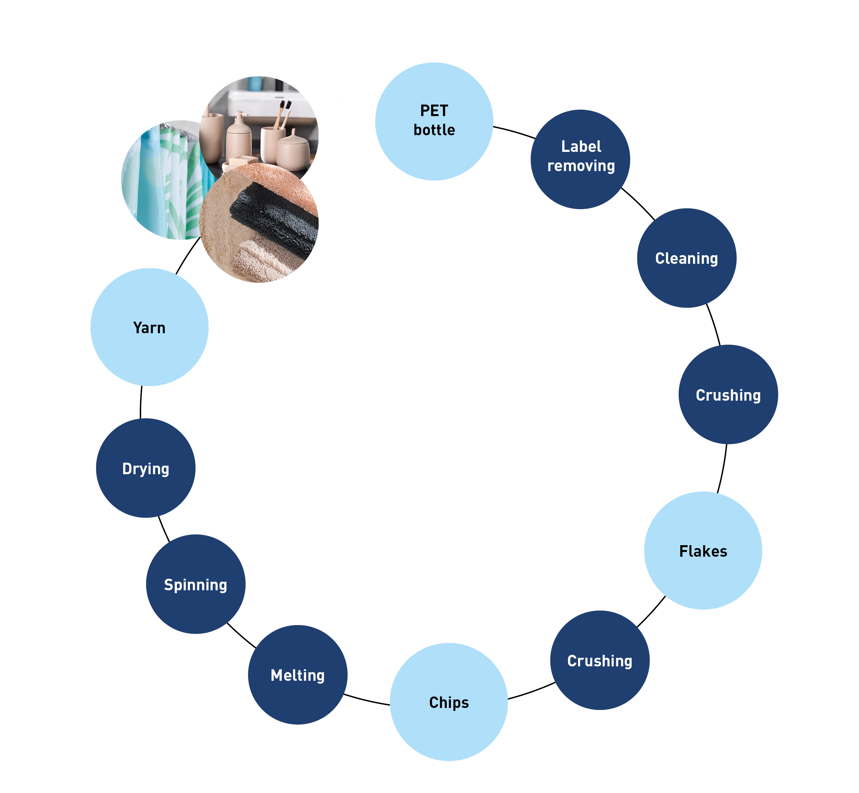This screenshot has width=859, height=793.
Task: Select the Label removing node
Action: point(580,159)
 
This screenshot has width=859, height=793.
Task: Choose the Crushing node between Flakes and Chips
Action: point(599,660)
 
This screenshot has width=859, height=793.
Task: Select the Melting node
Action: point(297,675)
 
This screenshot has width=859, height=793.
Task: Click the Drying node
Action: point(146,468)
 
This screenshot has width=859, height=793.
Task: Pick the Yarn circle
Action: point(149,327)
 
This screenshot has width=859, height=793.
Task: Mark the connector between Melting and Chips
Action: point(367,700)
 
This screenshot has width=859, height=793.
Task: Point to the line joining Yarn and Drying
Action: point(141,402)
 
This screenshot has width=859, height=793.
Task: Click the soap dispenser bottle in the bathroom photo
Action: point(239,137)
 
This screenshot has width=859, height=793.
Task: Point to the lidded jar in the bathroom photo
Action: point(293,150)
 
